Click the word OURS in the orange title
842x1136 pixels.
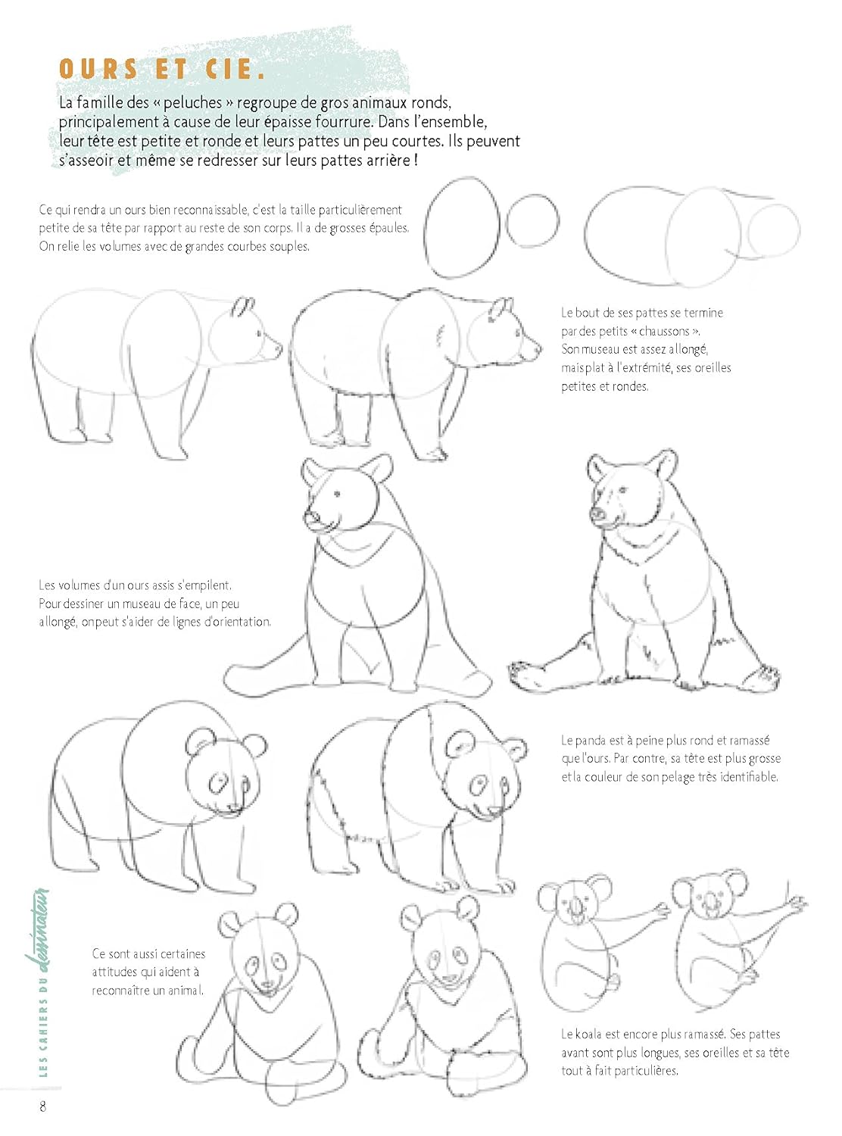pos(98,69)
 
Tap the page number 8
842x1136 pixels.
pos(42,1106)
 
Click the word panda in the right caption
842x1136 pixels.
pos(590,741)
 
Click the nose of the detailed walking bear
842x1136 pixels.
pos(538,349)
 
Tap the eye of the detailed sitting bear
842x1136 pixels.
pos(623,490)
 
